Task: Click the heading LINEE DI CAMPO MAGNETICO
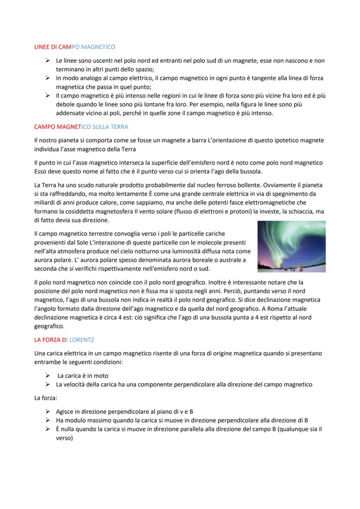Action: click(74, 46)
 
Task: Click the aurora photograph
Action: click(291, 246)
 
